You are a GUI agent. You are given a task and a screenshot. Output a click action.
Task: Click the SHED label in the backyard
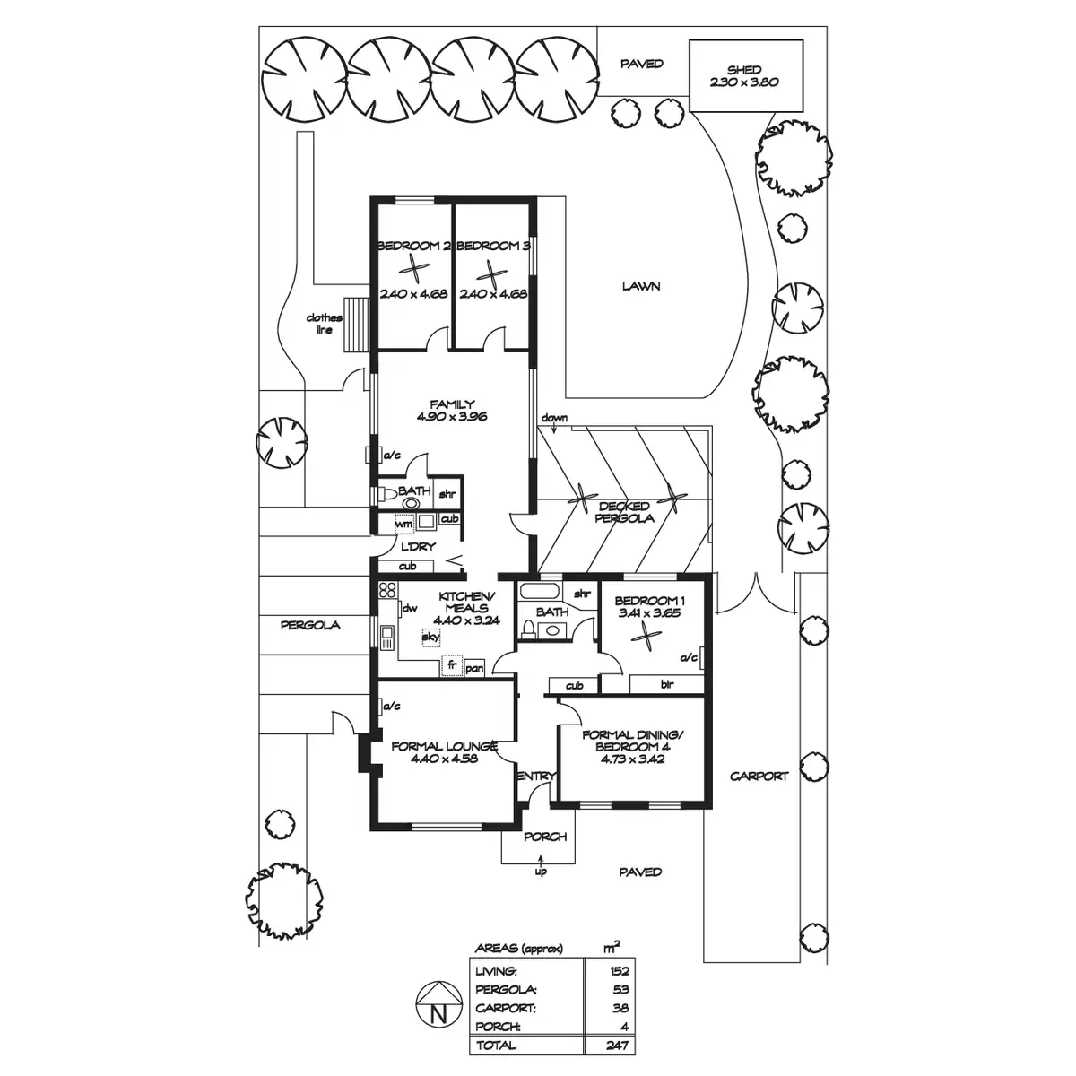pyautogui.click(x=743, y=70)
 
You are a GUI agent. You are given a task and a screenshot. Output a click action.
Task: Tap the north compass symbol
pyautogui.click(x=439, y=1011)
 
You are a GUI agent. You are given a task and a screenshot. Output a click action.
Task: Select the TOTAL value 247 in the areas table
pyautogui.click(x=618, y=1046)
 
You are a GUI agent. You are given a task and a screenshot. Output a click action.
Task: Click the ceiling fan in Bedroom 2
pyautogui.click(x=412, y=270)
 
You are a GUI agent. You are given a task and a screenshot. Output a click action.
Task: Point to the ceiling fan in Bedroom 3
pyautogui.click(x=492, y=274)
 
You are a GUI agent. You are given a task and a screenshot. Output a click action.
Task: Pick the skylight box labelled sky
pyautogui.click(x=430, y=637)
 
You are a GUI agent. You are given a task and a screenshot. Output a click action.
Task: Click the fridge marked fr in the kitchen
pyautogui.click(x=452, y=665)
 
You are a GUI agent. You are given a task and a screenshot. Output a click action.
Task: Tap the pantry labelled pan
pyautogui.click(x=474, y=668)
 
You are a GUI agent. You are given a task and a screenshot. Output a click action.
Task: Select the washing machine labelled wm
pyautogui.click(x=404, y=525)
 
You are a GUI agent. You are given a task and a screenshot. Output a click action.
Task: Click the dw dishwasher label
pyautogui.click(x=410, y=609)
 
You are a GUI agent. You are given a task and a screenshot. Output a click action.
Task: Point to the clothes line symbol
pyautogui.click(x=357, y=325)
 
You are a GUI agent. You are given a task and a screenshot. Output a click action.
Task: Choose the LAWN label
pyautogui.click(x=642, y=286)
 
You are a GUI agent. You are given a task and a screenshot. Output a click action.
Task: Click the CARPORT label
pyautogui.click(x=759, y=777)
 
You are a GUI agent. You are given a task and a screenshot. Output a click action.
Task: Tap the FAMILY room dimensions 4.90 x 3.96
pyautogui.click(x=452, y=416)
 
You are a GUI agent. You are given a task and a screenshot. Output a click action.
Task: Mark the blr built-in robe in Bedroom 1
pyautogui.click(x=666, y=684)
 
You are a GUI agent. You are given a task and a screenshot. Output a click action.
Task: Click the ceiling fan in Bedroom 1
pyautogui.click(x=646, y=637)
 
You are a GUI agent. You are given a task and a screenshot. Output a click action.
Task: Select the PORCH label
pyautogui.click(x=545, y=837)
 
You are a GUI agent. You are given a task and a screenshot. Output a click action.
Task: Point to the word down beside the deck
pyautogui.click(x=554, y=418)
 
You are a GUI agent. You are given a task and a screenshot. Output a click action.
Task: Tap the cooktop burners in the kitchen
pyautogui.click(x=387, y=590)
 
